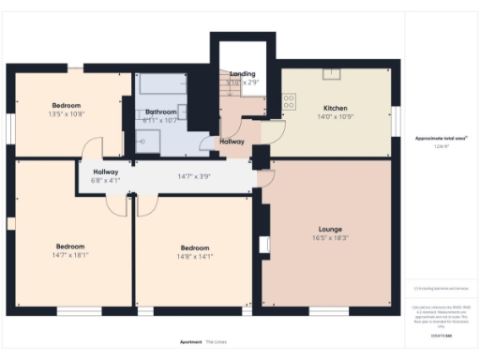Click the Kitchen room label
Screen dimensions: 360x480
tap(335, 107)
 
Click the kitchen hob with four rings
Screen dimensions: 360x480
tap(289, 99)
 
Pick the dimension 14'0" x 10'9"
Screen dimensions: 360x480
tap(335, 116)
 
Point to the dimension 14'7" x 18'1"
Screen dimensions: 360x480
tap(70, 255)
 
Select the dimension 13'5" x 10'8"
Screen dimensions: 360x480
tap(66, 114)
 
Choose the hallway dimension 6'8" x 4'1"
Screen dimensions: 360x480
tap(105, 181)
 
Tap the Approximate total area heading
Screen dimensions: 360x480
tap(441, 139)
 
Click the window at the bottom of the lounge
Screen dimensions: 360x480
tap(328, 310)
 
